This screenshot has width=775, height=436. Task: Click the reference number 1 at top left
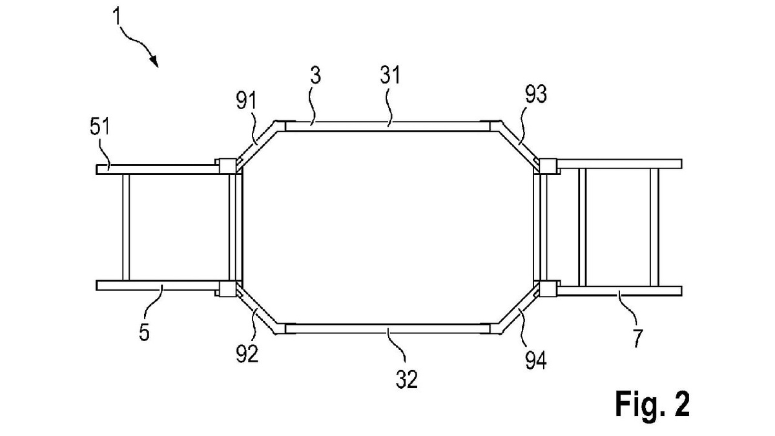117,16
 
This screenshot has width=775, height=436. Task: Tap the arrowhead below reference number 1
154,61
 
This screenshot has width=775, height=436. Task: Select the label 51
99,127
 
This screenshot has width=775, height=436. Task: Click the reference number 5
144,332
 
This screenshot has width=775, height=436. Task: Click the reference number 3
315,76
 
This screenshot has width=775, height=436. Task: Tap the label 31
390,76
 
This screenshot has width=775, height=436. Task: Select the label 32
406,379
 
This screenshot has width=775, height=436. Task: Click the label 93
536,94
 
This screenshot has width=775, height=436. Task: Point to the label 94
536,360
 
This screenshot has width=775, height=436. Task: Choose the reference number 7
637,338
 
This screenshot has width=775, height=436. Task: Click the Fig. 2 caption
652,404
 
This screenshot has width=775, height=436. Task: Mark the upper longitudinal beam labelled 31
387,127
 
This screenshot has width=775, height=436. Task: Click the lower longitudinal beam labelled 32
387,329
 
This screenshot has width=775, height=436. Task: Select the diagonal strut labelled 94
518,308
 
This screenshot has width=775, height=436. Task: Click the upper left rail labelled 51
158,169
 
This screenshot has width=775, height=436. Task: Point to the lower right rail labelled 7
619,291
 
